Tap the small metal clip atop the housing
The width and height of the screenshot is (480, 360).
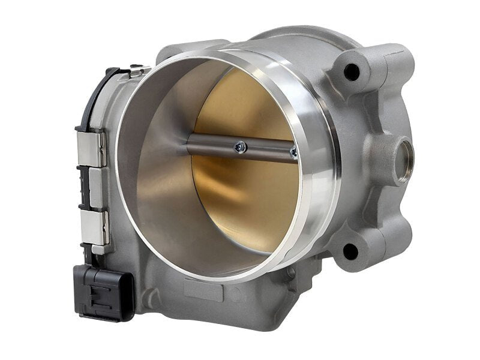pos(136,71)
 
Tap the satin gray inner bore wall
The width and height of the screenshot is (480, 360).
pos(156,180)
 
